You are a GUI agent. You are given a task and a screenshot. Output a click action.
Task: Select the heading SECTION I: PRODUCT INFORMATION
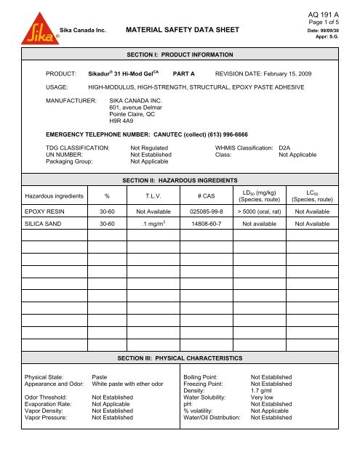click(x=177, y=55)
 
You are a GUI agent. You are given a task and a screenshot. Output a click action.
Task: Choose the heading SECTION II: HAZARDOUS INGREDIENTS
click(x=177, y=178)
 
